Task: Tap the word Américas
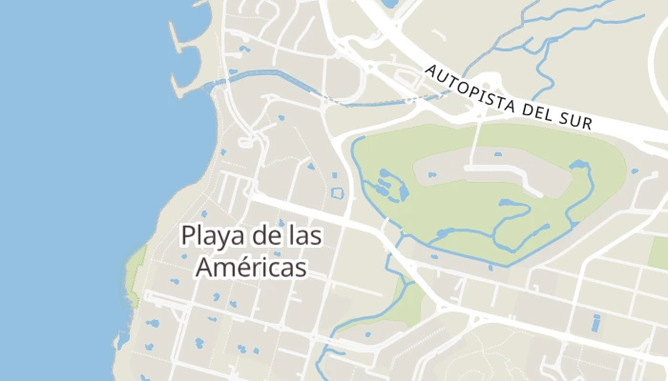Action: [252, 268]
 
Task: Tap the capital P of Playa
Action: [188, 235]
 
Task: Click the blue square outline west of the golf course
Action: [336, 193]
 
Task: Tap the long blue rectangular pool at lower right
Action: [596, 323]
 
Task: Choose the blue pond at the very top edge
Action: [389, 5]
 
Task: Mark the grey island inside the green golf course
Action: [496, 171]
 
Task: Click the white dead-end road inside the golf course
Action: [475, 143]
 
